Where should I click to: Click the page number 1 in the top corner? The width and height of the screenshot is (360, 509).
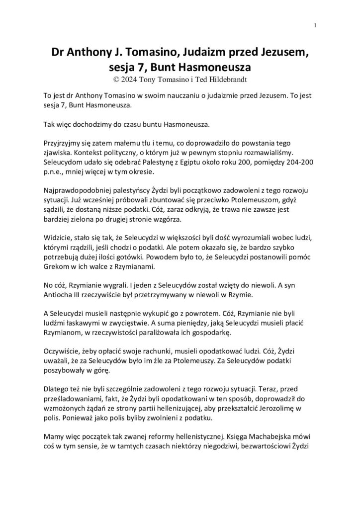316,25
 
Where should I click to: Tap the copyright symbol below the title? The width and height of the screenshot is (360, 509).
117,79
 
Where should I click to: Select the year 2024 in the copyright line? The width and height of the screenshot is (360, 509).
133,79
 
